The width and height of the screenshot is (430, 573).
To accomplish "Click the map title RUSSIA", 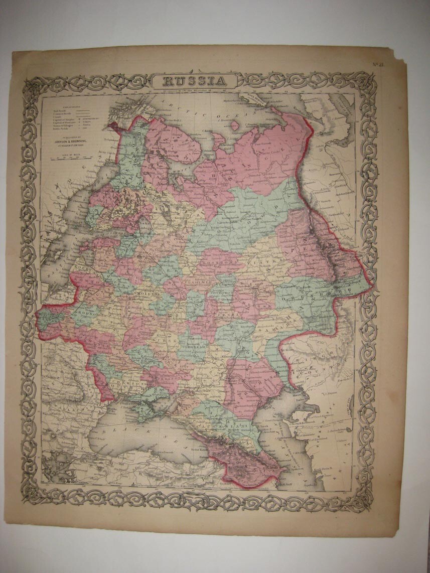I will point(196,80).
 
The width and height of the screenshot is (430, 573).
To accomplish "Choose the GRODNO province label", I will point(86,317).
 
